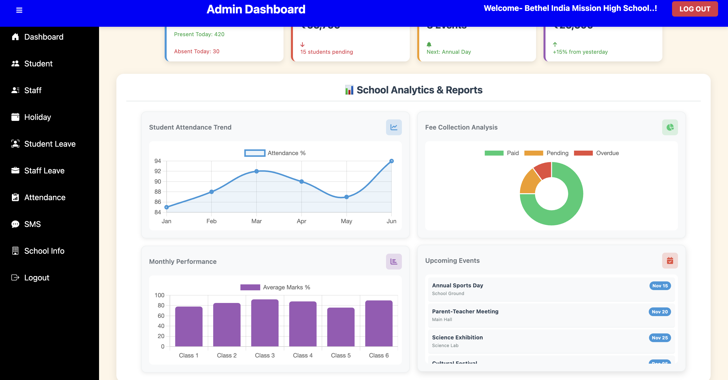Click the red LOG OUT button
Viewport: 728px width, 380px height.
(694, 9)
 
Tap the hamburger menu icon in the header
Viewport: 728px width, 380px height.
(19, 10)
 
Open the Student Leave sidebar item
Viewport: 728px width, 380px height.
(50, 144)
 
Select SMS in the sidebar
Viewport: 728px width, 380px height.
(32, 224)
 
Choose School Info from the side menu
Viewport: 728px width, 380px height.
(44, 251)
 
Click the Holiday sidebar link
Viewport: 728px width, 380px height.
(37, 117)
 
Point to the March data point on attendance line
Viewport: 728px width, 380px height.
(256, 171)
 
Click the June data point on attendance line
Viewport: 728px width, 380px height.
(391, 161)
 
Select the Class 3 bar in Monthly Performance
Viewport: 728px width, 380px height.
(264, 323)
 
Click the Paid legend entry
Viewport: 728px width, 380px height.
(502, 153)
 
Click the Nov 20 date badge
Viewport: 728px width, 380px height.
(659, 312)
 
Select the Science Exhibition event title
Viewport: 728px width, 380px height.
(457, 337)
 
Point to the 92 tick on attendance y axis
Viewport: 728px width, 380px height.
(157, 171)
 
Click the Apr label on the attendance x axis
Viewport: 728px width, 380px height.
(301, 221)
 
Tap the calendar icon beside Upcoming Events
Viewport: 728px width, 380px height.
(670, 261)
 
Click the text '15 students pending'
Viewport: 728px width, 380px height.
(326, 52)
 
